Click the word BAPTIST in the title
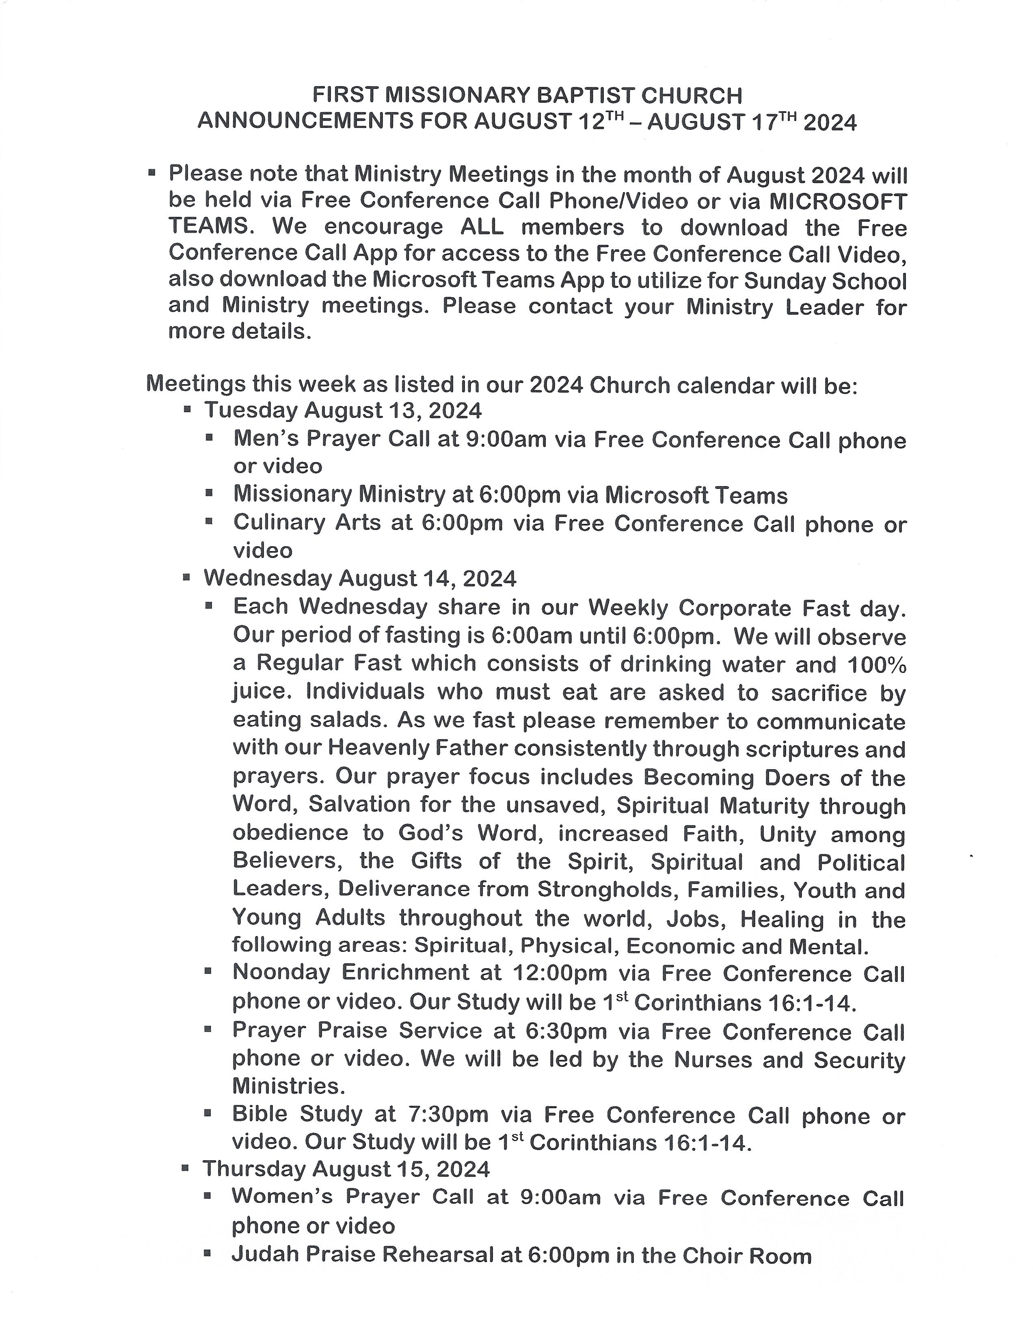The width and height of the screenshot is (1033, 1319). (x=586, y=95)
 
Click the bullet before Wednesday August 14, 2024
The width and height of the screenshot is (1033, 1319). (x=187, y=577)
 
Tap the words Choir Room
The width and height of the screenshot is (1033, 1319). (x=747, y=1256)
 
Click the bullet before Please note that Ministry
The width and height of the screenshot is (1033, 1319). (x=152, y=173)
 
